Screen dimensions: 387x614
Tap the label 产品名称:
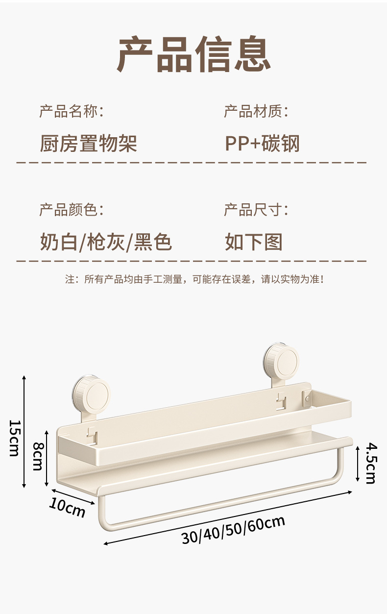(x=72, y=111)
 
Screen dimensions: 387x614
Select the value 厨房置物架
(x=88, y=144)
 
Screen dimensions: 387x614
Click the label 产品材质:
(x=256, y=111)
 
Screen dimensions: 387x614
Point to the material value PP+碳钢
(x=262, y=144)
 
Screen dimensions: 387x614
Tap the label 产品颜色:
(x=72, y=210)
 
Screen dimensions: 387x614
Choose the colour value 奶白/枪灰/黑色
(x=105, y=242)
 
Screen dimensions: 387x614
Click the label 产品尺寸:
(x=256, y=210)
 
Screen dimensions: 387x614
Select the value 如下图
(x=254, y=242)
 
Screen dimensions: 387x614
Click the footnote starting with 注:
(x=194, y=279)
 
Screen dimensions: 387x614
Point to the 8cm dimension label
(x=37, y=456)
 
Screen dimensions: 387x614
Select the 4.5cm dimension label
(x=371, y=463)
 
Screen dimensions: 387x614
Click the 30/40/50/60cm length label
(x=233, y=529)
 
